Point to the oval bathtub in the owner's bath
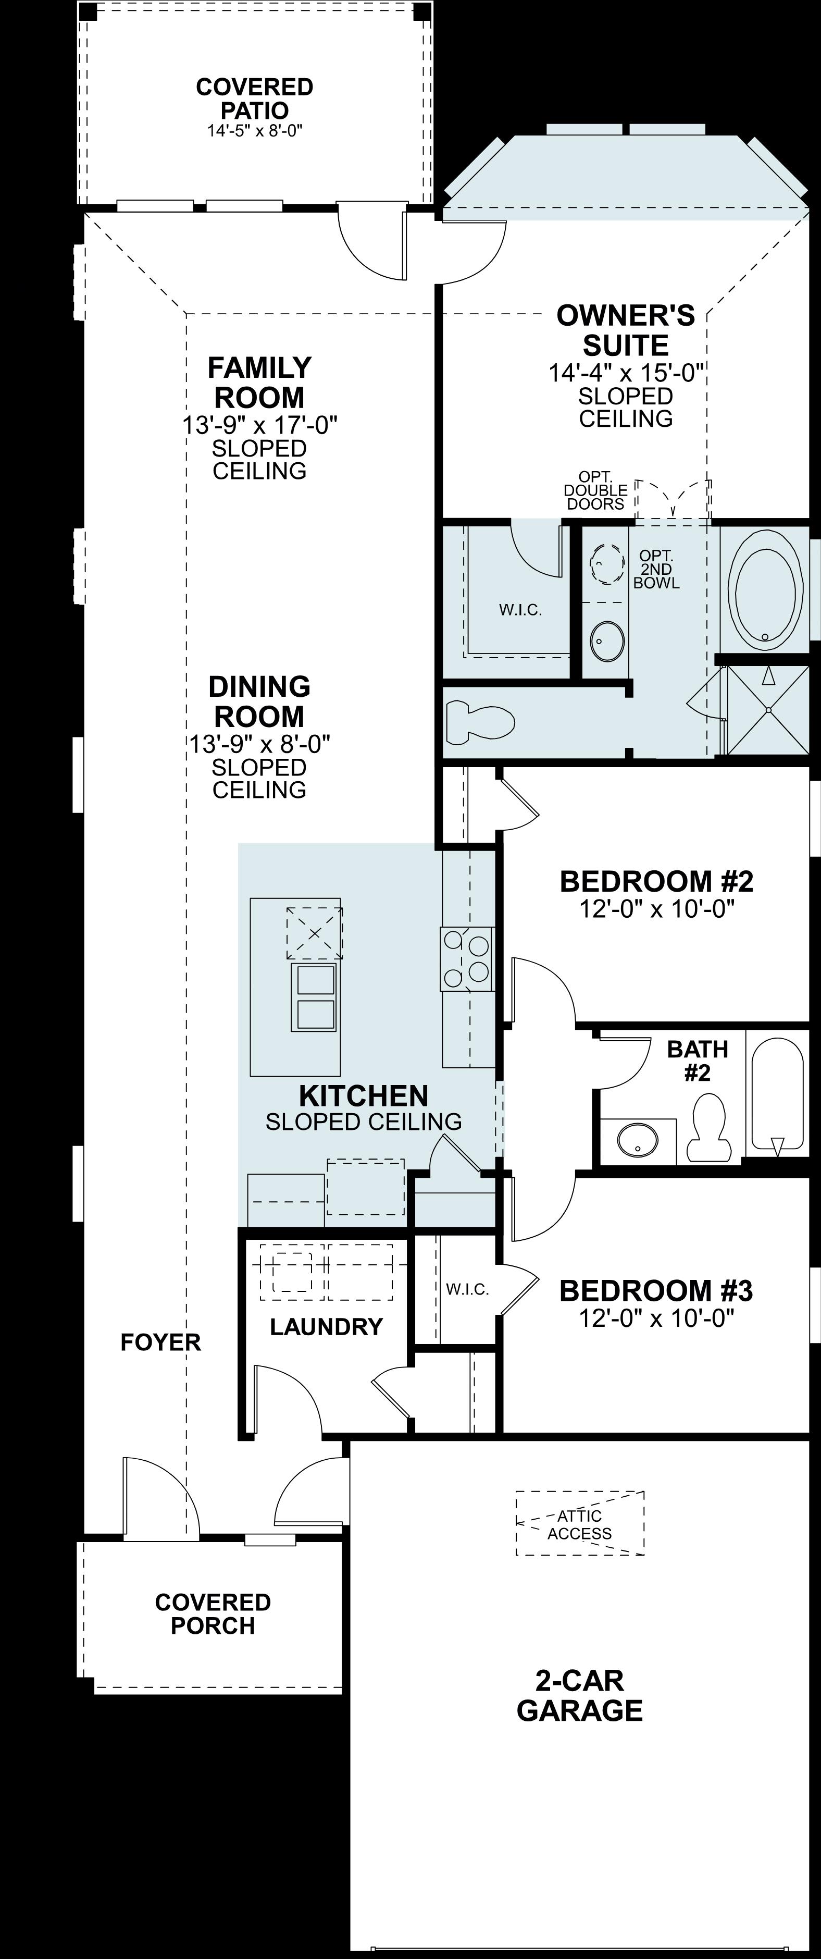click(x=765, y=593)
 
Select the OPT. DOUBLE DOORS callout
click(x=595, y=490)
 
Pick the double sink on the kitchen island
click(x=315, y=996)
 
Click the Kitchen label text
click(x=364, y=1096)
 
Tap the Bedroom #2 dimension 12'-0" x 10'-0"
click(x=656, y=909)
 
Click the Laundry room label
click(x=326, y=1327)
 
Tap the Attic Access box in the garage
click(x=579, y=1522)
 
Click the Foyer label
click(x=160, y=1342)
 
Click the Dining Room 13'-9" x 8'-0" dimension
click(x=259, y=743)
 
